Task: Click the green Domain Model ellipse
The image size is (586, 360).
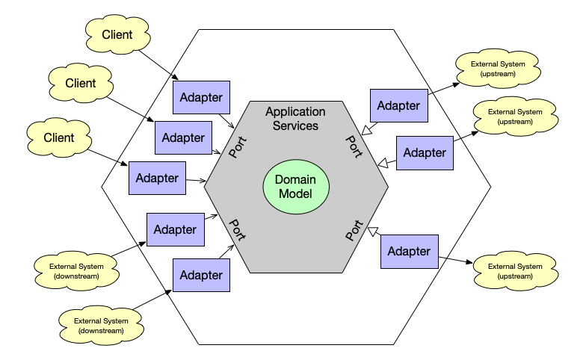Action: tap(296, 187)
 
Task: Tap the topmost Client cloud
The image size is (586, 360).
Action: tap(117, 34)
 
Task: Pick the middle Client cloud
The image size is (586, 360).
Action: tap(80, 83)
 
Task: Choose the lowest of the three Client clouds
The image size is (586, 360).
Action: tap(58, 137)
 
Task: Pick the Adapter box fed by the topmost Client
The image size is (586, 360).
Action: tap(201, 97)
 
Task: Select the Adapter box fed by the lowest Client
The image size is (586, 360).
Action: tap(157, 179)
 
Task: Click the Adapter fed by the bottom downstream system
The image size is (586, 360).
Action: tap(201, 275)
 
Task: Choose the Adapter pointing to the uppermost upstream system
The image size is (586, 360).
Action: tap(398, 105)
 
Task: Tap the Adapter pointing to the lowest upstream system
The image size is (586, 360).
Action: tap(409, 251)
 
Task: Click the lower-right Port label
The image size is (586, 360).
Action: tap(354, 230)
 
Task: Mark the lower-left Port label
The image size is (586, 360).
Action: tap(238, 229)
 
